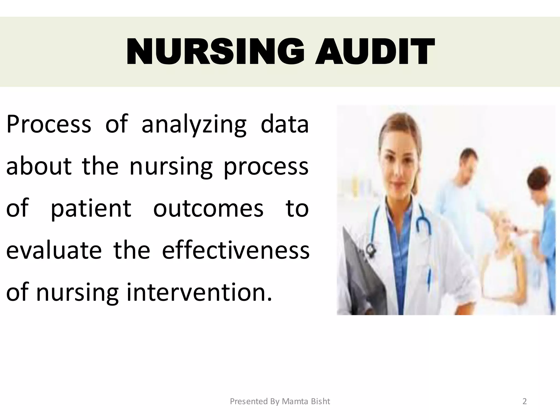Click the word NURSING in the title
(x=215, y=52)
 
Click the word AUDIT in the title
(x=375, y=52)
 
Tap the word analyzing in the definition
(x=194, y=125)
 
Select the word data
(x=285, y=124)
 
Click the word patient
(x=91, y=208)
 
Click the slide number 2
(x=524, y=401)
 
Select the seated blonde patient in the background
(x=503, y=246)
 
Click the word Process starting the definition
(x=49, y=125)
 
